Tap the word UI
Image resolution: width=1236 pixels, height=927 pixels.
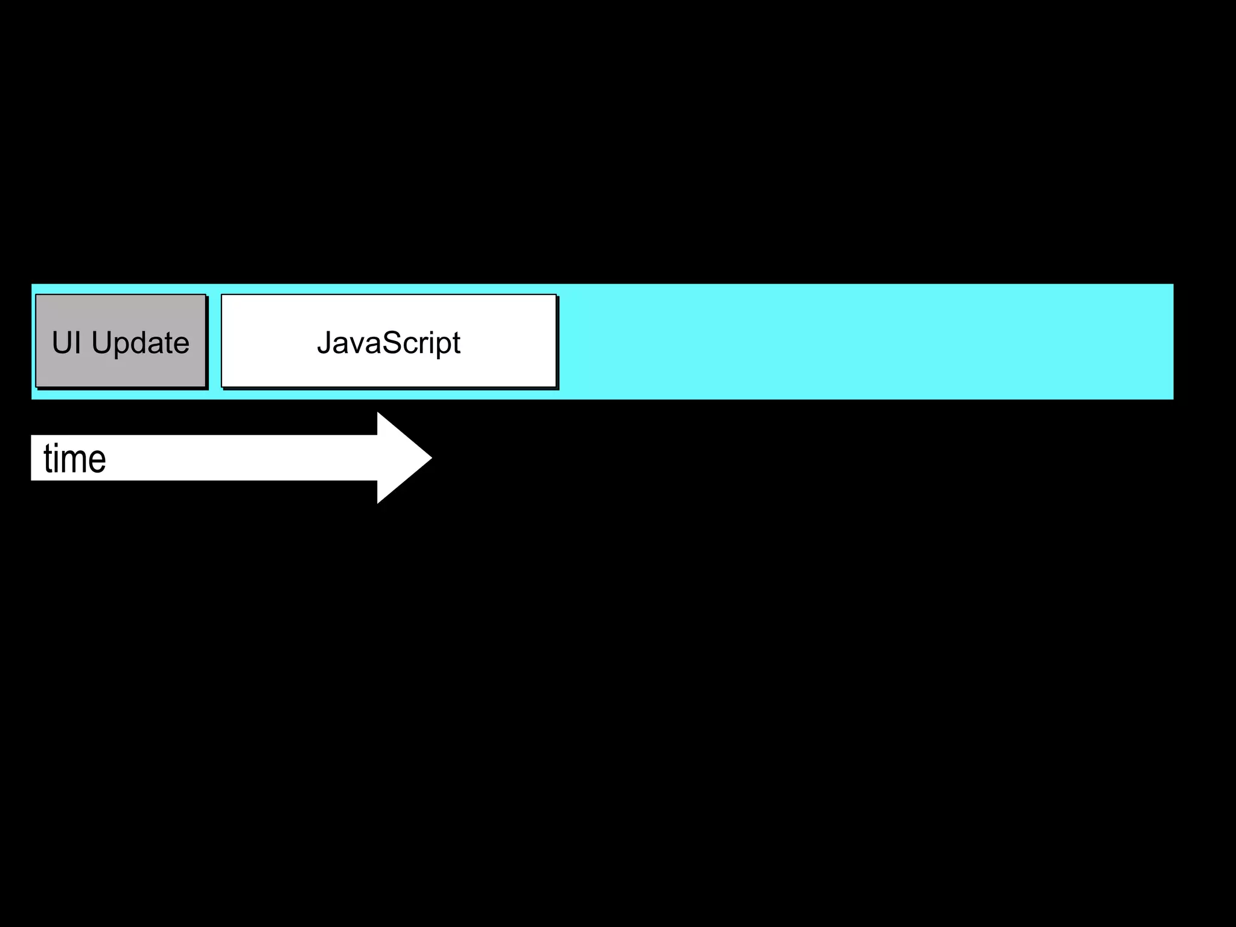click(x=66, y=343)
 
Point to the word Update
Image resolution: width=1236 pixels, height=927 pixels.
click(x=141, y=343)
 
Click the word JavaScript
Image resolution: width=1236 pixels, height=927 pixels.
click(x=389, y=343)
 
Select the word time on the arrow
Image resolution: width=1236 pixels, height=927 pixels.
click(x=75, y=459)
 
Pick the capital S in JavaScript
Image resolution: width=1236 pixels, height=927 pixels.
click(x=392, y=343)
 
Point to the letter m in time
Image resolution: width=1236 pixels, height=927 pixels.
click(x=78, y=461)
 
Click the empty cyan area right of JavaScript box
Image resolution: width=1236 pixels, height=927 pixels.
click(x=863, y=342)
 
